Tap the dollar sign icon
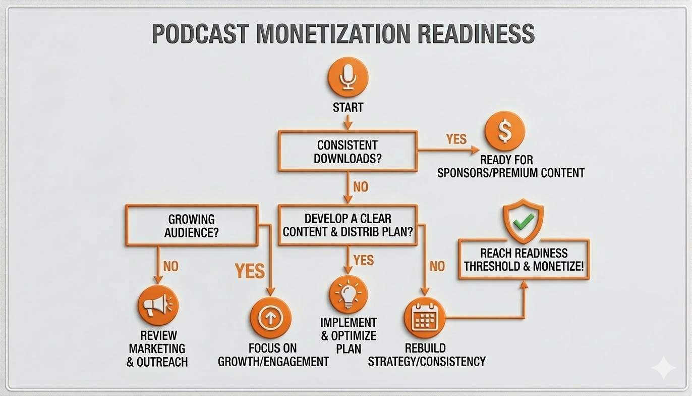tap(504, 131)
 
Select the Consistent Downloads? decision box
tap(348, 151)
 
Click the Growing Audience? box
tap(192, 226)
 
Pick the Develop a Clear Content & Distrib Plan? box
tap(348, 225)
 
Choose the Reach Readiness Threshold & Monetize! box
tap(524, 259)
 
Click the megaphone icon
tap(158, 305)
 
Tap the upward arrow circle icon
tap(271, 318)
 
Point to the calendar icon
tap(425, 318)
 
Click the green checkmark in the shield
tap(524, 220)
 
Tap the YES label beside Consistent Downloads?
tap(456, 139)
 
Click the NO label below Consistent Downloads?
tap(360, 187)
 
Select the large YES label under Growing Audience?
tap(250, 271)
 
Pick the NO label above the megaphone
tap(171, 266)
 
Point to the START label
tap(348, 108)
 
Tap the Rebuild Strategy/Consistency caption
tap(427, 355)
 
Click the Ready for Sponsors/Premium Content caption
tap(510, 167)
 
